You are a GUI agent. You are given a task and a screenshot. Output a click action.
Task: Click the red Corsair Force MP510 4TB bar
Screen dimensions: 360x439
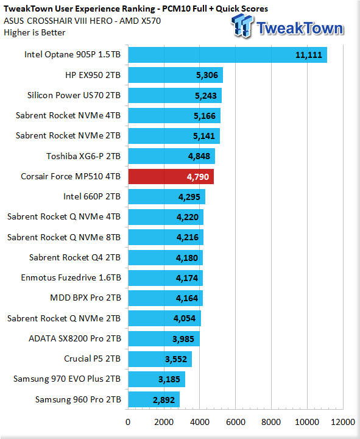pos(171,176)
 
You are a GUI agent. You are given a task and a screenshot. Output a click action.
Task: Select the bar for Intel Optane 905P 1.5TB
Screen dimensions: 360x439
pos(228,55)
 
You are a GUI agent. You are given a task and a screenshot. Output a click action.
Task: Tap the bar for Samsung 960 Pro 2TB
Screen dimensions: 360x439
pos(154,399)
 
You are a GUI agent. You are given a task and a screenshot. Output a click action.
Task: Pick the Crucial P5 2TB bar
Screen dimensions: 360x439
pos(160,359)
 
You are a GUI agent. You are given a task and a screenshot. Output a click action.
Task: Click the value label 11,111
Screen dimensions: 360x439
pos(309,55)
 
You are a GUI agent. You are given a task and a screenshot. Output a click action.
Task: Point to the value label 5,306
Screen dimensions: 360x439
pos(207,75)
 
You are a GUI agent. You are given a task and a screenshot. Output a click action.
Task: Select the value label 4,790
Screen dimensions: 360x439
pos(198,177)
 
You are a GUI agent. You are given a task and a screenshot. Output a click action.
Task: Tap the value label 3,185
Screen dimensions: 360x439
pos(169,379)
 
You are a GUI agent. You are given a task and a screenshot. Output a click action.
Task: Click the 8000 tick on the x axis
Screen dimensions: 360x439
pos(271,422)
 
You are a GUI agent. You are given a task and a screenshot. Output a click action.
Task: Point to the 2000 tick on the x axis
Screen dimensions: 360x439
pos(164,422)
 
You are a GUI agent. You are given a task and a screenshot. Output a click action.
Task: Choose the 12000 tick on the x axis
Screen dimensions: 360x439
pos(343,422)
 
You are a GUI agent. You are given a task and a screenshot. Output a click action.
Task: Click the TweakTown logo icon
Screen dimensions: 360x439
pos(242,26)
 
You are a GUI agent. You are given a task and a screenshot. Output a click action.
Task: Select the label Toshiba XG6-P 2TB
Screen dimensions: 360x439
pos(83,156)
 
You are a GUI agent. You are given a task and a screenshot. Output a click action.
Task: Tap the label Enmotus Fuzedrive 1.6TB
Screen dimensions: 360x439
pos(71,277)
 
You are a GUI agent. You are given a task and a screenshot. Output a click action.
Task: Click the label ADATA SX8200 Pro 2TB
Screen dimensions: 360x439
pos(75,338)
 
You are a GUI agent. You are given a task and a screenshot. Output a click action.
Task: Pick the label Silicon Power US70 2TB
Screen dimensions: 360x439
pos(74,95)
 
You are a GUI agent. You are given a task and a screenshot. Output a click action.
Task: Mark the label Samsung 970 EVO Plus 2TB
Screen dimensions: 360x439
pos(67,379)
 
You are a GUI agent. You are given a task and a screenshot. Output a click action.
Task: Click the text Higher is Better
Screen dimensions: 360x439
pos(34,32)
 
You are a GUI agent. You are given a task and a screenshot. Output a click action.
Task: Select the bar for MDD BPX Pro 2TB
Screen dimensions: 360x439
pos(166,298)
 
